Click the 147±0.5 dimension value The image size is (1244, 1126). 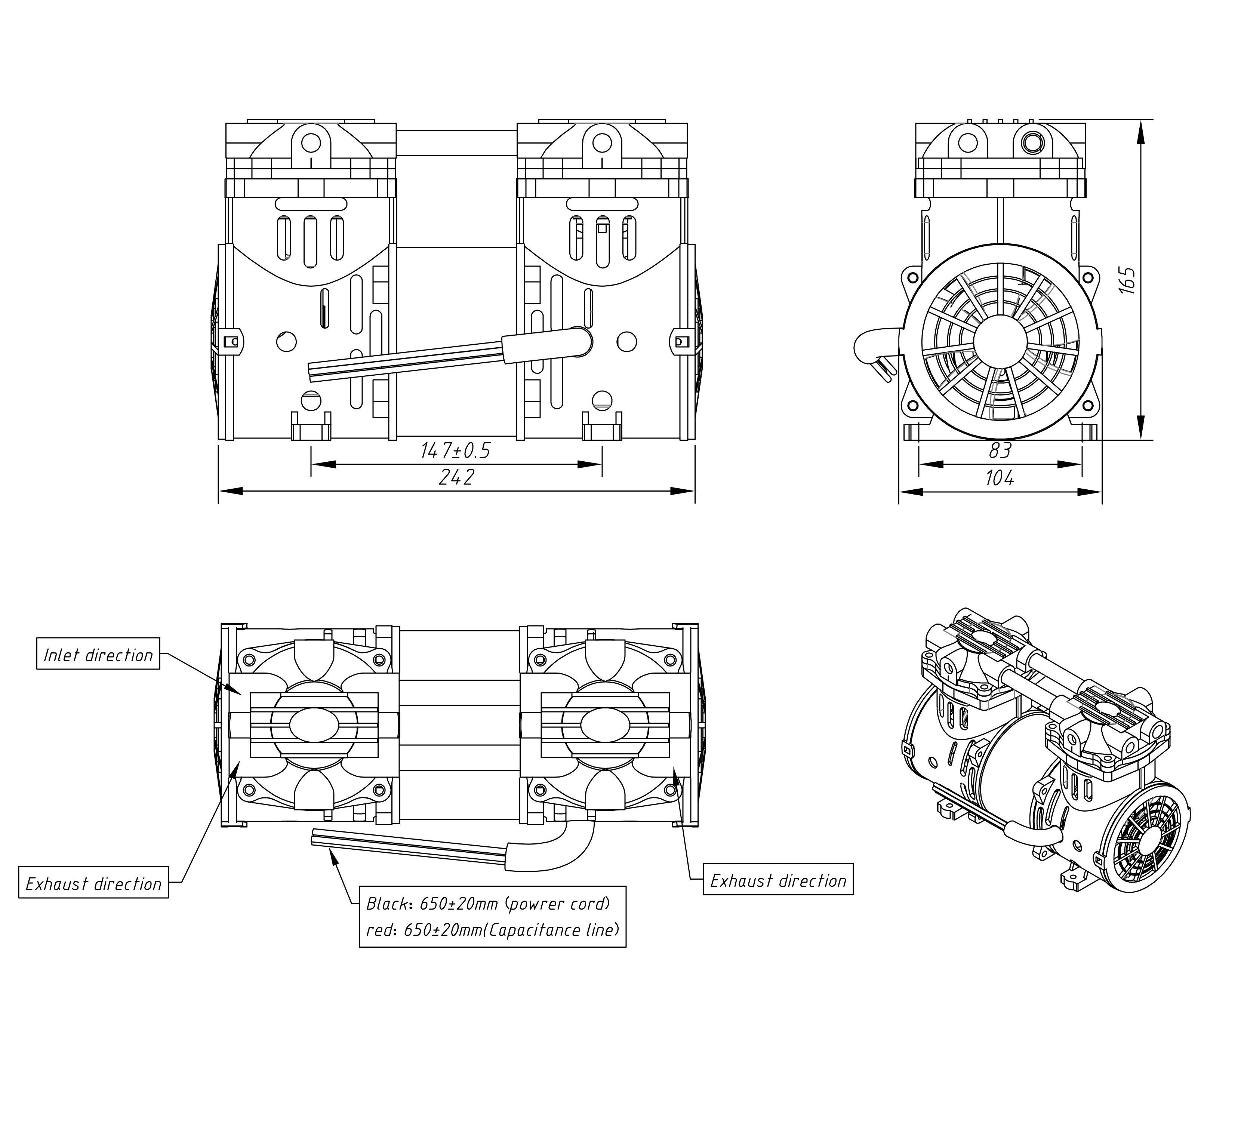click(455, 451)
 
